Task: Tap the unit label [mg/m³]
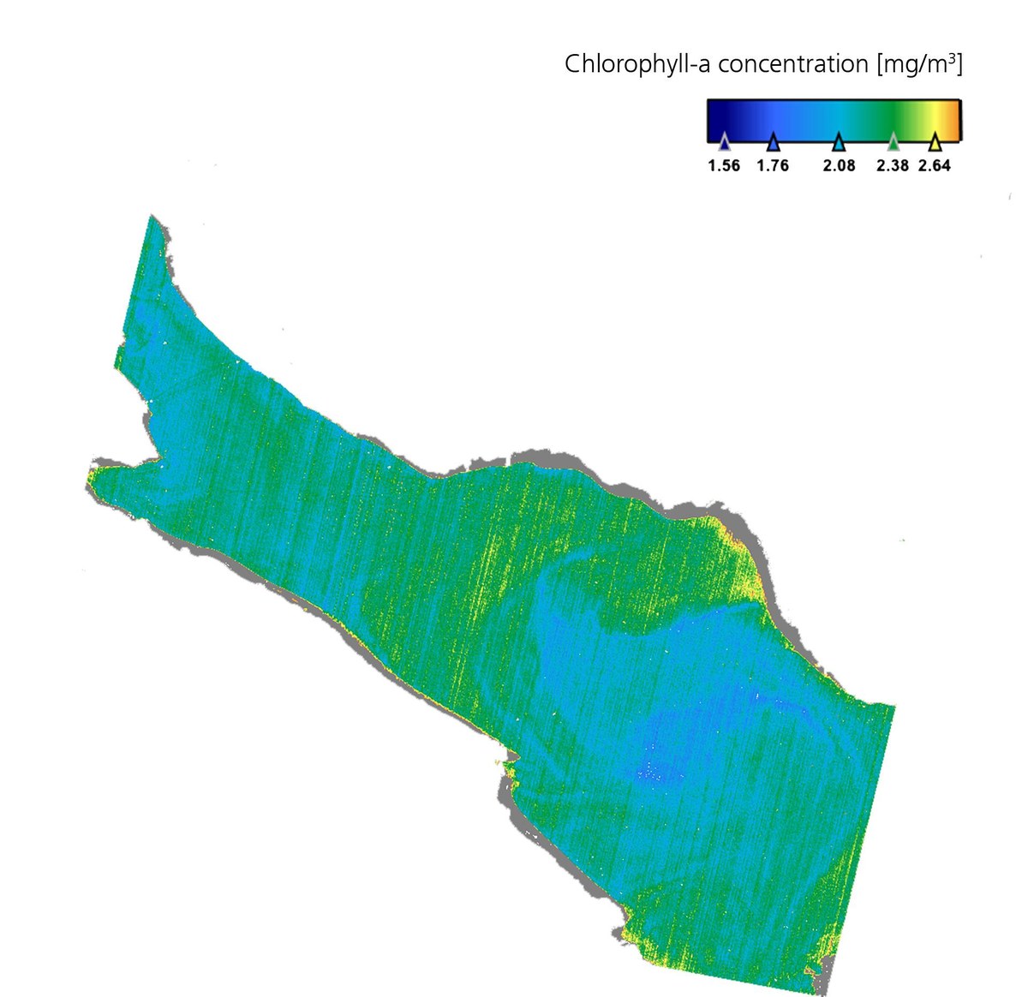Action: pyautogui.click(x=920, y=64)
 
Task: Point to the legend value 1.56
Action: pyautogui.click(x=724, y=165)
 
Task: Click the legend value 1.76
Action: pyautogui.click(x=773, y=165)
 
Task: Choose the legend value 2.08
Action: pyautogui.click(x=840, y=165)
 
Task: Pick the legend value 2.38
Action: pyautogui.click(x=893, y=165)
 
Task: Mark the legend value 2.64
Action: pyautogui.click(x=935, y=165)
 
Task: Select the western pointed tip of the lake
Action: pyautogui.click(x=92, y=471)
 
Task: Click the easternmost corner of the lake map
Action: pyautogui.click(x=893, y=707)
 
